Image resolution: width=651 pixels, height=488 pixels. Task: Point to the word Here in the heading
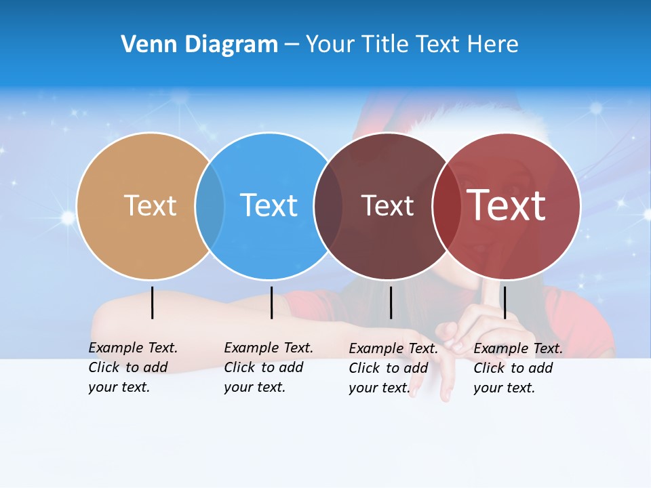[x=493, y=45]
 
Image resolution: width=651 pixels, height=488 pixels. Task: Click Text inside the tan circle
[x=150, y=205]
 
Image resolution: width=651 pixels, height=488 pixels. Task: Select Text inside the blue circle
[x=269, y=205]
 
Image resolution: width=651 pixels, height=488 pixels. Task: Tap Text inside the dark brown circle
[x=387, y=205]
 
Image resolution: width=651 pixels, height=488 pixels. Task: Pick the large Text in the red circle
[x=507, y=205]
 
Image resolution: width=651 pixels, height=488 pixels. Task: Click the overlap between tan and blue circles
[x=210, y=206]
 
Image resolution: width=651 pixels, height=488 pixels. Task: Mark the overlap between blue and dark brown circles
[x=328, y=206]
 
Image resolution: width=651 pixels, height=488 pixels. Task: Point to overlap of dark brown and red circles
[x=446, y=206]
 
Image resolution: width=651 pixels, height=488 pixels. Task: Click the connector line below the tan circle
[x=153, y=302]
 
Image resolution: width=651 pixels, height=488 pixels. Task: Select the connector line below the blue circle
[x=271, y=302]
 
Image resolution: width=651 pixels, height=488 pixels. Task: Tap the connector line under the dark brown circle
[x=391, y=302]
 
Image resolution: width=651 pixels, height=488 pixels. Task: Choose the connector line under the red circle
[x=505, y=302]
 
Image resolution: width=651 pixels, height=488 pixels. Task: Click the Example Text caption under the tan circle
[x=132, y=367]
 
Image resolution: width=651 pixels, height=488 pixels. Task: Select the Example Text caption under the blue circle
[x=268, y=367]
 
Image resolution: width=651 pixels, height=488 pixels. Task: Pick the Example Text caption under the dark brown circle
[x=393, y=368]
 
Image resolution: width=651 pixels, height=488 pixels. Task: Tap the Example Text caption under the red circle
[x=517, y=368]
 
